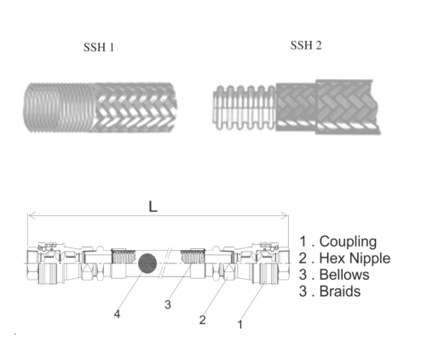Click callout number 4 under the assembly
click(x=117, y=315)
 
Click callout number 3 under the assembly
click(x=170, y=305)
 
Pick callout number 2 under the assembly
click(x=202, y=320)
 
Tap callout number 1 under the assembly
click(x=241, y=325)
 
